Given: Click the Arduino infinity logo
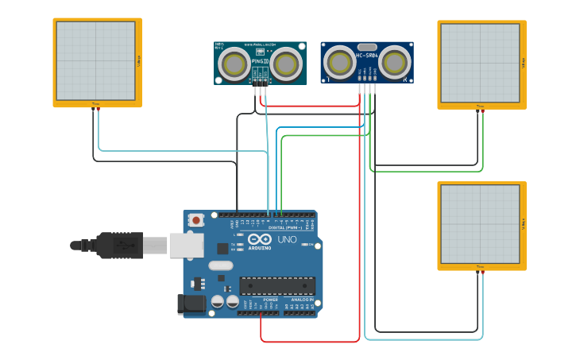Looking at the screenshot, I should pyautogui.click(x=260, y=239).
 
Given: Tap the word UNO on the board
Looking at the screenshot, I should pyautogui.click(x=287, y=239).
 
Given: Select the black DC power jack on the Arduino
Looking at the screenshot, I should pyautogui.click(x=191, y=303).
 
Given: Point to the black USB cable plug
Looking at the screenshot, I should pyautogui.click(x=119, y=246).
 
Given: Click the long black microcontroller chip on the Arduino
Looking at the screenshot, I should pyautogui.click(x=277, y=286).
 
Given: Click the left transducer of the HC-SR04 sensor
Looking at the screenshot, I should pyautogui.click(x=339, y=61).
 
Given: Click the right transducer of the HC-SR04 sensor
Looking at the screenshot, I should pyautogui.click(x=395, y=61).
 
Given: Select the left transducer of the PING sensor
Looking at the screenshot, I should pyautogui.click(x=234, y=63).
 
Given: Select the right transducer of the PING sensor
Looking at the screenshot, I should pyautogui.click(x=285, y=63).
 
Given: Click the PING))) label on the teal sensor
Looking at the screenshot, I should pyautogui.click(x=260, y=60).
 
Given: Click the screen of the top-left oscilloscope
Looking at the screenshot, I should pyautogui.click(x=95, y=60).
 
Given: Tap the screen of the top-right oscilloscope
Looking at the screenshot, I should pyautogui.click(x=480, y=63).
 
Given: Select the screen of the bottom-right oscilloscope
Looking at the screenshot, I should pyautogui.click(x=480, y=224).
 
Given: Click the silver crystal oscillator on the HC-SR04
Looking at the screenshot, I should pyautogui.click(x=366, y=47).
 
